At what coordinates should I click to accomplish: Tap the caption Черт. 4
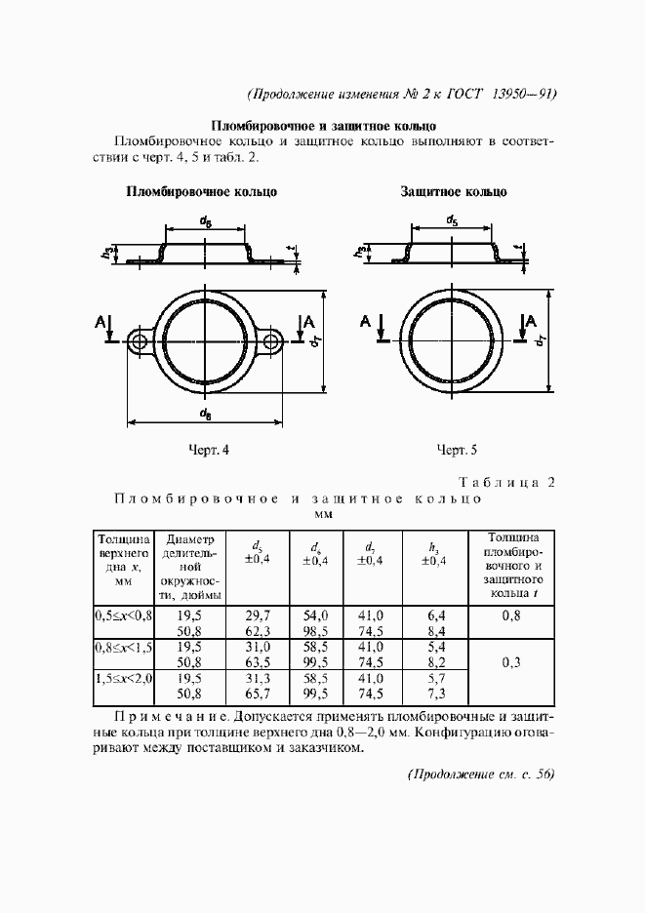[x=209, y=450]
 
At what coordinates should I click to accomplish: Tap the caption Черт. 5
[x=456, y=450]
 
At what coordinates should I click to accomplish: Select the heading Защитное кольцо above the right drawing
[x=454, y=192]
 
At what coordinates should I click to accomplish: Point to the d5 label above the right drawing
[x=453, y=221]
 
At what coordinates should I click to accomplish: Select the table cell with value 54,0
[x=316, y=615]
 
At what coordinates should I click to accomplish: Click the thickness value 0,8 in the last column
[x=511, y=615]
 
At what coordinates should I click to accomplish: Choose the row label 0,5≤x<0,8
[x=123, y=615]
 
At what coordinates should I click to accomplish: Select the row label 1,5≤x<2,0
[x=123, y=678]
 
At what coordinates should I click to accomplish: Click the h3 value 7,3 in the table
[x=437, y=694]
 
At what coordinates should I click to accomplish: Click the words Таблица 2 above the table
[x=506, y=482]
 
